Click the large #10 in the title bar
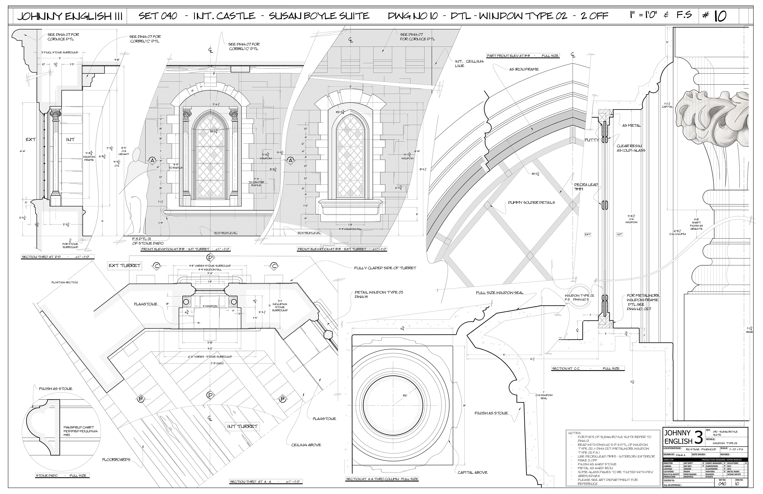click(x=716, y=16)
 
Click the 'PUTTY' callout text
click(x=592, y=140)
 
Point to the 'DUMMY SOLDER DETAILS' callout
click(x=531, y=203)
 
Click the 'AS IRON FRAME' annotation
click(x=524, y=69)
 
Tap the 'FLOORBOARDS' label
click(x=116, y=459)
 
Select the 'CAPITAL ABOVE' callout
click(x=472, y=472)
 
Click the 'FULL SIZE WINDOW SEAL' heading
click(x=500, y=293)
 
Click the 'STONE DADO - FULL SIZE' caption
click(x=61, y=475)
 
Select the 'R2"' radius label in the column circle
click(x=405, y=396)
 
